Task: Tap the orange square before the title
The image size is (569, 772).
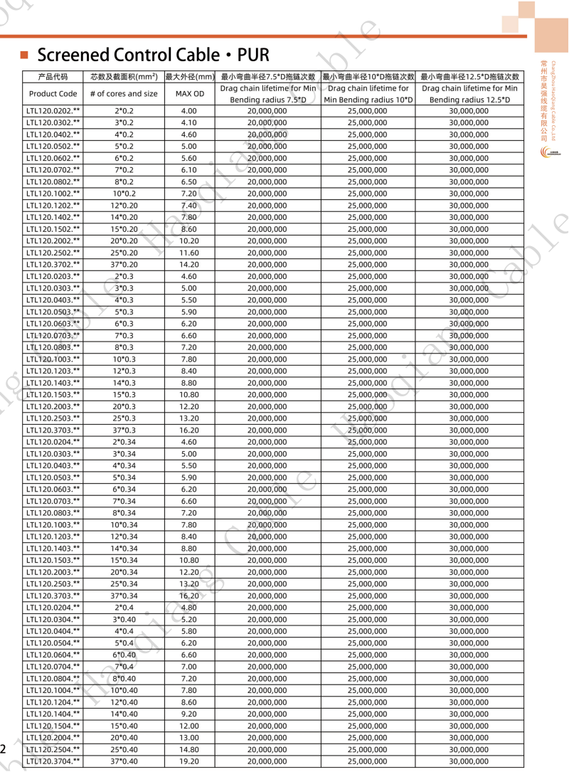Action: [x=23, y=55]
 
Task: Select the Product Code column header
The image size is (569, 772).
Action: [x=53, y=93]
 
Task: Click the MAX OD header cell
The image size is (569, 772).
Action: [x=189, y=93]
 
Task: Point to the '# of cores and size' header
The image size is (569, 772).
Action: [x=124, y=93]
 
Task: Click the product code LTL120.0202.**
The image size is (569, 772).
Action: [x=53, y=111]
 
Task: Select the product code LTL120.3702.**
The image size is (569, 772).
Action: [x=53, y=265]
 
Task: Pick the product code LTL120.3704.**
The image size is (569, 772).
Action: [x=53, y=761]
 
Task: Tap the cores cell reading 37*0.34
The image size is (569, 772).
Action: [x=124, y=596]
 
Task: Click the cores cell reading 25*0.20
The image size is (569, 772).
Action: [x=124, y=253]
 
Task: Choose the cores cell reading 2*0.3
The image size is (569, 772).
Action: [x=124, y=276]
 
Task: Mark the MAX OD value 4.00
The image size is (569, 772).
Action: [x=189, y=111]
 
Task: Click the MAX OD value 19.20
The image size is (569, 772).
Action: [x=189, y=761]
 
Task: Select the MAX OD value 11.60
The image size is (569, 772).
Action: [x=189, y=253]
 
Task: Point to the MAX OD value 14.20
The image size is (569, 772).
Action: [x=189, y=265]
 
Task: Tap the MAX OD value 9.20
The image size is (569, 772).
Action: [x=189, y=714]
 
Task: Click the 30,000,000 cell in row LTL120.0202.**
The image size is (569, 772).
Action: [x=469, y=111]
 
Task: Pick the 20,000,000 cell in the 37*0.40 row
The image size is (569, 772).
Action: [x=267, y=761]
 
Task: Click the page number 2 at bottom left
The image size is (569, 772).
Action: [x=4, y=749]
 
